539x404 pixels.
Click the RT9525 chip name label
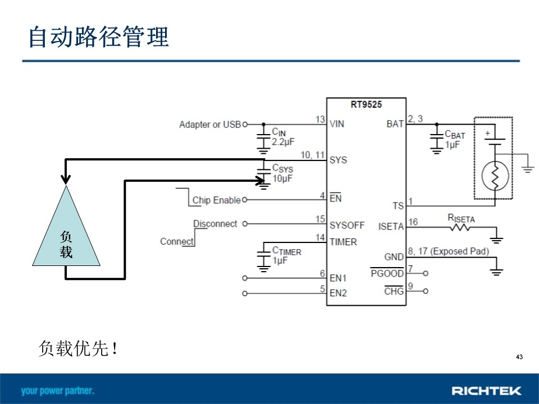pyautogui.click(x=366, y=104)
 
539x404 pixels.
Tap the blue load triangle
pyautogui.click(x=66, y=233)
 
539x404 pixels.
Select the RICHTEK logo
pyautogui.click(x=486, y=391)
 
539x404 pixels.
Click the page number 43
pyautogui.click(x=519, y=357)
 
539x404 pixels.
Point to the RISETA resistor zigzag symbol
pyautogui.click(x=460, y=227)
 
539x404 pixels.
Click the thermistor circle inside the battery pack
pyautogui.click(x=495, y=176)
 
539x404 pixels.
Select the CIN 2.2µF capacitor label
pyautogui.click(x=283, y=137)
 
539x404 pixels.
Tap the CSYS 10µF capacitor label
pyautogui.click(x=282, y=173)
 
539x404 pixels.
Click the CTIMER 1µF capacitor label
pyautogui.click(x=287, y=255)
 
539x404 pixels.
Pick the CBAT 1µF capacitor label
pyautogui.click(x=455, y=139)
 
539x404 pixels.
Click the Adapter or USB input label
pyautogui.click(x=210, y=125)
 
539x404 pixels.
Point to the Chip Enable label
pyautogui.click(x=217, y=200)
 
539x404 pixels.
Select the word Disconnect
pyautogui.click(x=215, y=224)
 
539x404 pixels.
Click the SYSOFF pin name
pyautogui.click(x=347, y=226)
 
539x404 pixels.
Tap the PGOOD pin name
pyautogui.click(x=387, y=273)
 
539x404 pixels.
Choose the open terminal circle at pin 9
pyautogui.click(x=426, y=291)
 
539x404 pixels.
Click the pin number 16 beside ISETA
pyautogui.click(x=413, y=222)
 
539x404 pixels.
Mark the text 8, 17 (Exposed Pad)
pyautogui.click(x=449, y=251)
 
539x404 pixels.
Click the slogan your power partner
pyautogui.click(x=57, y=391)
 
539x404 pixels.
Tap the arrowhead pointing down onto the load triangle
pyautogui.click(x=66, y=180)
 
